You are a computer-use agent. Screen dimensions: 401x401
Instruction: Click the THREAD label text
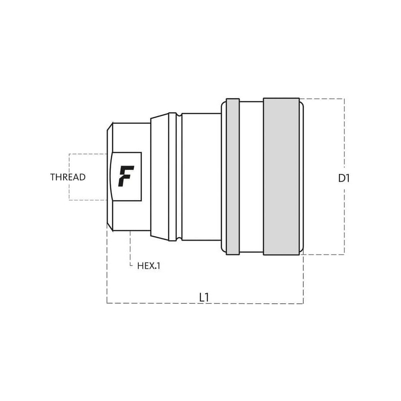68,177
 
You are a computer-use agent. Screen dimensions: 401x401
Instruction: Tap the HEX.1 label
149,266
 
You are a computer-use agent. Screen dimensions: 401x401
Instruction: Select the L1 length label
204,297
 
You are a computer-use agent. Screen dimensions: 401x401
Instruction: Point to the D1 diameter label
344,178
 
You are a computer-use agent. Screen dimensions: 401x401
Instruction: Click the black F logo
126,176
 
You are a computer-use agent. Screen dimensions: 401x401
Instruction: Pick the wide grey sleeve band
281,176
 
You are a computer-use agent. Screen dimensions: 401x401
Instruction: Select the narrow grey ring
233,176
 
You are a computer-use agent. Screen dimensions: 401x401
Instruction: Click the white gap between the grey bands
251,176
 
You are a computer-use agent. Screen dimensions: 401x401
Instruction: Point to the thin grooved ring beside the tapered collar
172,176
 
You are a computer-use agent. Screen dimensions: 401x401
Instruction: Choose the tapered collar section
159,176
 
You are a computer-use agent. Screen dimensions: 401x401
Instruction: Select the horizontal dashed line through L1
150,303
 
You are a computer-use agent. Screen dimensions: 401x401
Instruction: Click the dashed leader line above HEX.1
130,248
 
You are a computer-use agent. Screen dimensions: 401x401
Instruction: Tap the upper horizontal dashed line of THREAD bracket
88,154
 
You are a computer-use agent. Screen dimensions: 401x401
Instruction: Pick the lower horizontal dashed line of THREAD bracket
88,200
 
